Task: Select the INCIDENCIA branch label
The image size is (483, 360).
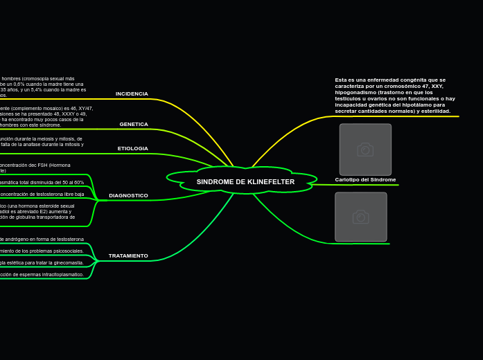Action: click(x=132, y=93)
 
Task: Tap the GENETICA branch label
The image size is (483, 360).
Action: click(x=134, y=124)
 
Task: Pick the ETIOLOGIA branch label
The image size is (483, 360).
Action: click(x=132, y=148)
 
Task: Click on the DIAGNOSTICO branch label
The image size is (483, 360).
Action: click(x=128, y=195)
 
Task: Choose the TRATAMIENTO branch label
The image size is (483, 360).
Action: click(x=128, y=255)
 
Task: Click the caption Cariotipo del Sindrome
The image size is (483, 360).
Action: click(x=365, y=179)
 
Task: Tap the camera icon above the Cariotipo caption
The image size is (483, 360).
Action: click(x=365, y=150)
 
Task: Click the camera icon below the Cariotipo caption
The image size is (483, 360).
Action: click(x=361, y=217)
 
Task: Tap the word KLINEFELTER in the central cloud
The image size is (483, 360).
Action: click(x=271, y=181)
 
